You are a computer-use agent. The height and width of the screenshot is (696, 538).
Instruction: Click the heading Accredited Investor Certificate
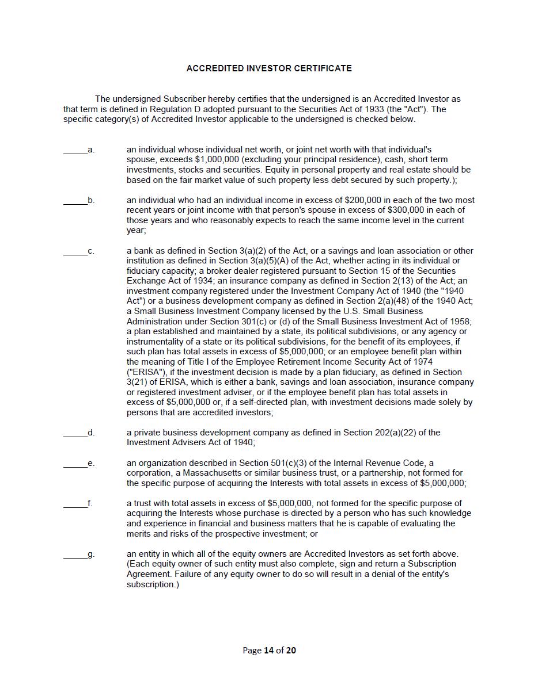pyautogui.click(x=269, y=68)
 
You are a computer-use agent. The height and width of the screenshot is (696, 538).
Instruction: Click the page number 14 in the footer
pyautogui.click(x=268, y=651)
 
